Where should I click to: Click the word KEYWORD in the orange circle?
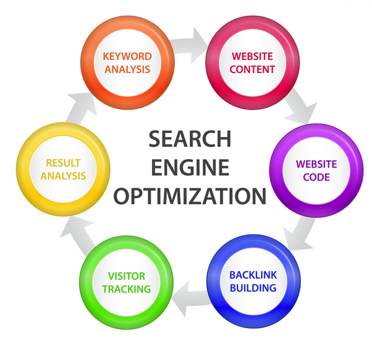tap(127, 57)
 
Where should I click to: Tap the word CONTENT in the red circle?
tap(252, 69)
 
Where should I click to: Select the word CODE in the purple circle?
tap(317, 177)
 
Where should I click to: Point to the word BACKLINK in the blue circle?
tap(253, 275)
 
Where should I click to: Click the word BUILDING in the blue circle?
tap(253, 288)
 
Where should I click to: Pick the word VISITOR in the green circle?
tap(127, 277)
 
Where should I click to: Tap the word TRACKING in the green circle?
tap(127, 289)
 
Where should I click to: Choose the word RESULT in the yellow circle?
tap(63, 163)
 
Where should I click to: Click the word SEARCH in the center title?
tap(190, 139)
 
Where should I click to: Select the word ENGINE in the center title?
tap(191, 168)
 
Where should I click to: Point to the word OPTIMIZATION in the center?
tap(190, 196)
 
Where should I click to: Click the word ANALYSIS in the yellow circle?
tap(63, 175)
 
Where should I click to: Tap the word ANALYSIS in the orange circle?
tap(127, 69)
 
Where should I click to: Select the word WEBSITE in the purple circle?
tap(317, 164)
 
